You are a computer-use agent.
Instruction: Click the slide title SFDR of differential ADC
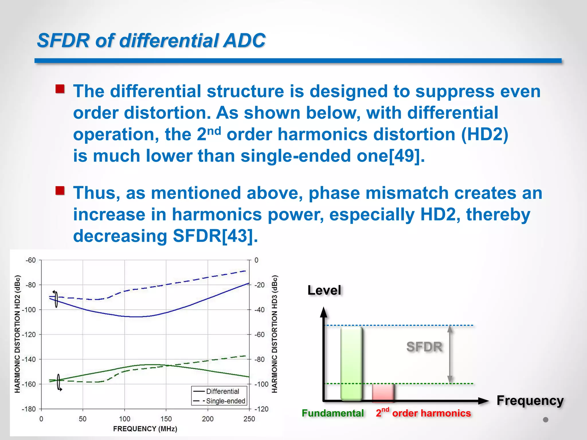(151, 40)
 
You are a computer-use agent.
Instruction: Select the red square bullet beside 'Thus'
(60, 190)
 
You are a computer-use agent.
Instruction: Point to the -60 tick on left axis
(31, 260)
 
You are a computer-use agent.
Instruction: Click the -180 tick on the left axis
(29, 409)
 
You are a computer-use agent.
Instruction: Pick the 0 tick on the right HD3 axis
(256, 260)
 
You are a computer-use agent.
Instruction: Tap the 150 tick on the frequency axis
(166, 419)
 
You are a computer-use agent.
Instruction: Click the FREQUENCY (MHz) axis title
(145, 429)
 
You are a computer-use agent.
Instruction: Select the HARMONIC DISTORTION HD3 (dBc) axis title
(275, 334)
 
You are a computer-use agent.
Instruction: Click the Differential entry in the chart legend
(222, 392)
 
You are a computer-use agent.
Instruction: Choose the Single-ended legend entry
(226, 401)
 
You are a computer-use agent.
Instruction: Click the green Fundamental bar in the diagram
(351, 363)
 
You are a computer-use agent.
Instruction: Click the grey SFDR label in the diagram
(424, 347)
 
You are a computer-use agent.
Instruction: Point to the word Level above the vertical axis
(324, 290)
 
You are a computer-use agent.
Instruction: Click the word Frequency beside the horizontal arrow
(530, 400)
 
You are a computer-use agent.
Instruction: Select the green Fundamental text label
(332, 413)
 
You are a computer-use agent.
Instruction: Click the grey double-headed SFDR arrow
(450, 355)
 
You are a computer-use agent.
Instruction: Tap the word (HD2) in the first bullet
(485, 134)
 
